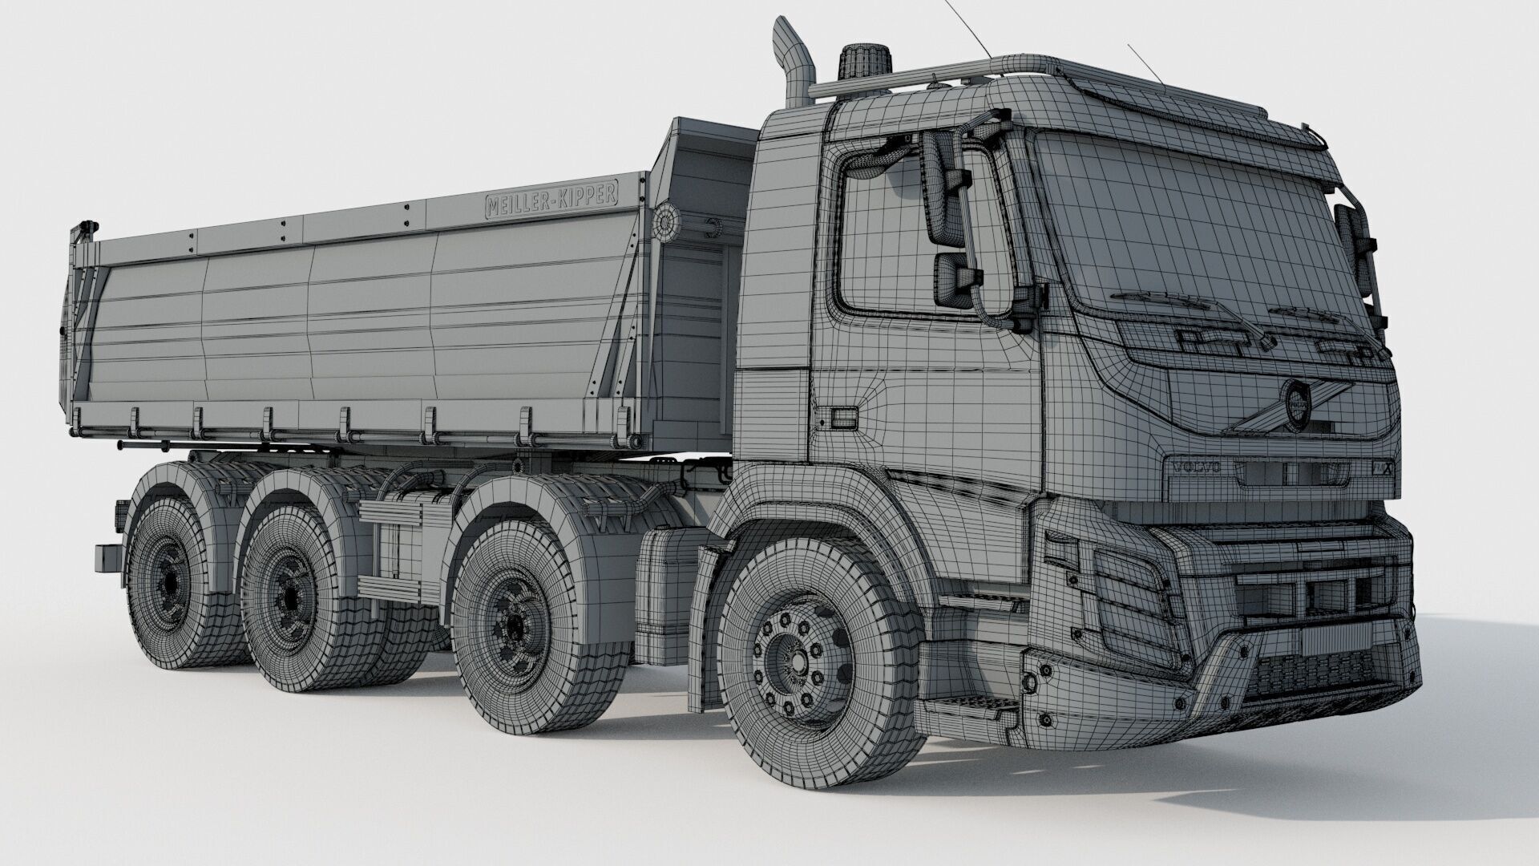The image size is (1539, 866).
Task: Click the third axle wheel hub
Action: (289, 596)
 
